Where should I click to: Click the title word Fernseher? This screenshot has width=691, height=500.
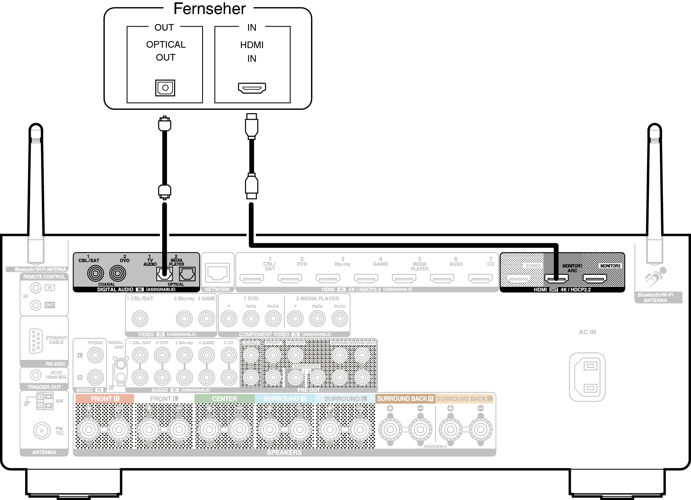pyautogui.click(x=210, y=9)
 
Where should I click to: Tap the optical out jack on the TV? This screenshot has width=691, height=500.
pyautogui.click(x=165, y=88)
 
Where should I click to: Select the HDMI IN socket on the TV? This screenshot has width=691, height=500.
pyautogui.click(x=252, y=88)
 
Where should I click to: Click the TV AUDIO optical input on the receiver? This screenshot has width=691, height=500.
pyautogui.click(x=164, y=274)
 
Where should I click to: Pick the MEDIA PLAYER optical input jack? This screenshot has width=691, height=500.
pyautogui.click(x=187, y=274)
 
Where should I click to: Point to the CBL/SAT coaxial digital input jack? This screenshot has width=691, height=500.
pyautogui.click(x=95, y=274)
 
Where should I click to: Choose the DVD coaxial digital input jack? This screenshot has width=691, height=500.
pyautogui.click(x=118, y=274)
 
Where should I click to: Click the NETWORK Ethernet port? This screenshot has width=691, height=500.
pyautogui.click(x=218, y=273)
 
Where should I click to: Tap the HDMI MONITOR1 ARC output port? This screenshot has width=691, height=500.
pyautogui.click(x=556, y=278)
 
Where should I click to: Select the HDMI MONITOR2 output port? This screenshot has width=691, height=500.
pyautogui.click(x=595, y=278)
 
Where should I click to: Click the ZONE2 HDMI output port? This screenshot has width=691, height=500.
pyautogui.click(x=519, y=278)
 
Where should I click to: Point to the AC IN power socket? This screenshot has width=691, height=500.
pyautogui.click(x=587, y=377)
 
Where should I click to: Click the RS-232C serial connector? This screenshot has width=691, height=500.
pyautogui.click(x=36, y=341)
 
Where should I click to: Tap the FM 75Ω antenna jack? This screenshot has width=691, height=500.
pyautogui.click(x=42, y=430)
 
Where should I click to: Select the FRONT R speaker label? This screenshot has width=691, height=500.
pyautogui.click(x=105, y=399)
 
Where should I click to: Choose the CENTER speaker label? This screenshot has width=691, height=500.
pyautogui.click(x=224, y=399)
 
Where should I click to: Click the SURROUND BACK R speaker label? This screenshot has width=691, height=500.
pyautogui.click(x=405, y=399)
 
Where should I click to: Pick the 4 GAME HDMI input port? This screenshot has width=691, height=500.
pyautogui.click(x=366, y=278)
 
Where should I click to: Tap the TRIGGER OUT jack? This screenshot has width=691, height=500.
pyautogui.click(x=35, y=375)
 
